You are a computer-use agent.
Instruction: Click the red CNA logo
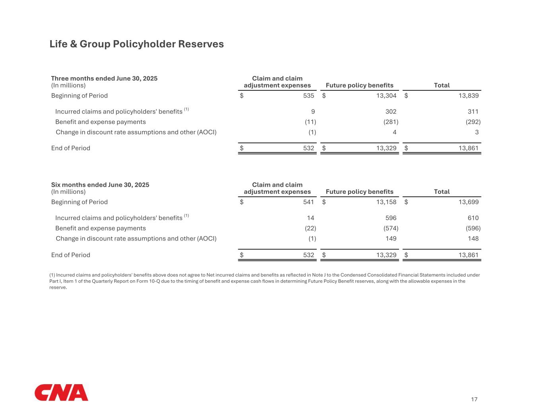[x=61, y=393]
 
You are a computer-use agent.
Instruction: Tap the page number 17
[x=474, y=399]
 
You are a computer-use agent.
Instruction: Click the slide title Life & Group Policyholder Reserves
[x=136, y=44]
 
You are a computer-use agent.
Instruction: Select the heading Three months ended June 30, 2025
[x=104, y=78]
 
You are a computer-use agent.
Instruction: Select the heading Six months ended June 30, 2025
[x=100, y=185]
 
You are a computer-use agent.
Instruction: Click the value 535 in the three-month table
[x=309, y=96]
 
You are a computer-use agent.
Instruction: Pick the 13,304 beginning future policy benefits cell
[x=386, y=96]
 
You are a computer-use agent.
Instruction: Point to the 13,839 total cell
[x=468, y=96]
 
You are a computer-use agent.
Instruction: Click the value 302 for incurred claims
[x=391, y=111]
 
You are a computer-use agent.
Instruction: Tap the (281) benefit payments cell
[x=390, y=122]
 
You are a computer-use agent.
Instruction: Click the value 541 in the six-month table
[x=309, y=202]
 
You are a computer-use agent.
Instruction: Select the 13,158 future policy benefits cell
[x=386, y=202]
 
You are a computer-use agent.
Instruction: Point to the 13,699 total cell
[x=468, y=202]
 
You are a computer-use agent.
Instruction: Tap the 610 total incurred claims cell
[x=473, y=218]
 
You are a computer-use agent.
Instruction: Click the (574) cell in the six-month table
[x=390, y=228]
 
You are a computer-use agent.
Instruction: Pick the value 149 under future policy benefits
[x=391, y=238]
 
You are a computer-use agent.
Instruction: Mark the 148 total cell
[x=473, y=238]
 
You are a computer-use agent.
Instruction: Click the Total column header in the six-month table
[x=442, y=191]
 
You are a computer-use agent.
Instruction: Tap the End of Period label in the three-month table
[x=71, y=148]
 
